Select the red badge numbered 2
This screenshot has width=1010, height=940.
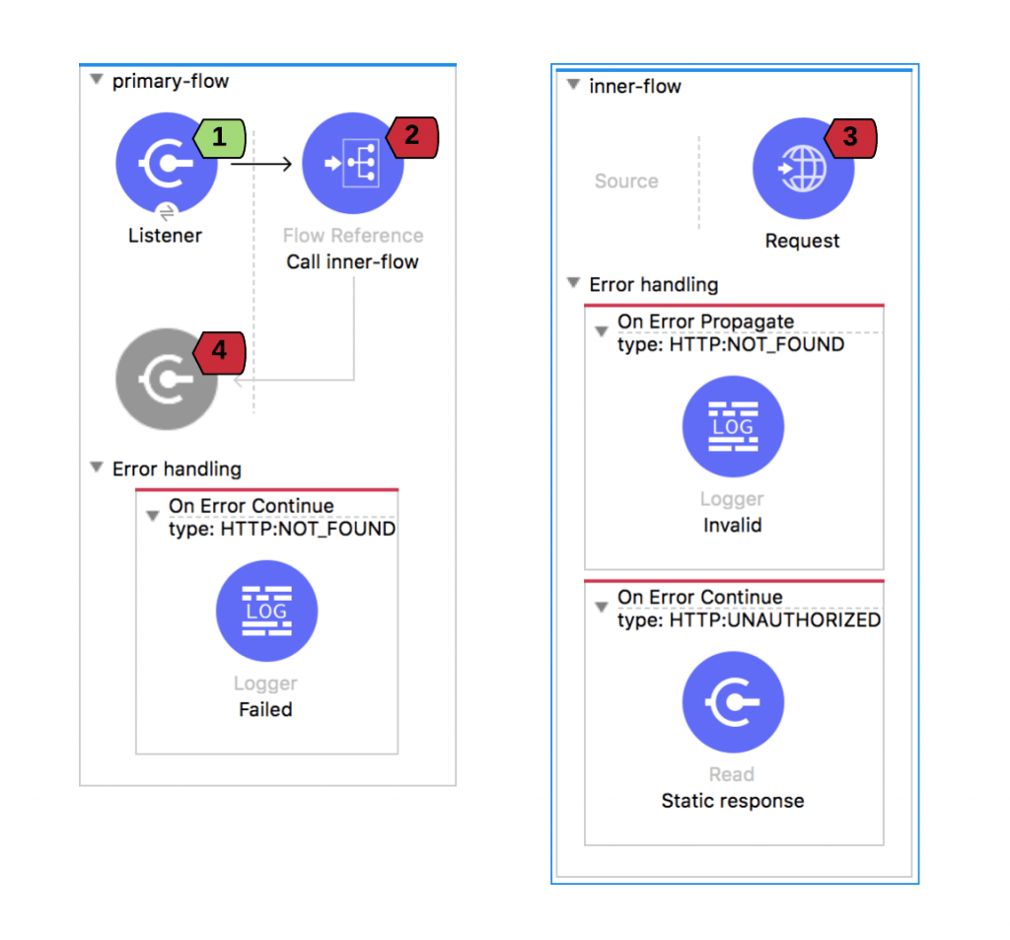pos(413,136)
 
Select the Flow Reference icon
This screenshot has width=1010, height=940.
pos(352,165)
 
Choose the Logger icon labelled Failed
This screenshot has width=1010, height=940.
pos(266,612)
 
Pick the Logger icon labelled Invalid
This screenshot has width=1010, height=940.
pos(733,427)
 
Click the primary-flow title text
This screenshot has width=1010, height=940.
pos(170,81)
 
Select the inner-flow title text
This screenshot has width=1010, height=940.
pos(635,86)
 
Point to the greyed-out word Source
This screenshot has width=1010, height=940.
pos(626,181)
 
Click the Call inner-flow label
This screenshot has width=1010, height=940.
pos(352,262)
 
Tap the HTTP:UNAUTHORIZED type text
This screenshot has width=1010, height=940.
pos(774,619)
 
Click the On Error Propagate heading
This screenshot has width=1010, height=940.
pos(705,322)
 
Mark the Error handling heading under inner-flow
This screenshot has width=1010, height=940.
pos(653,285)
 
